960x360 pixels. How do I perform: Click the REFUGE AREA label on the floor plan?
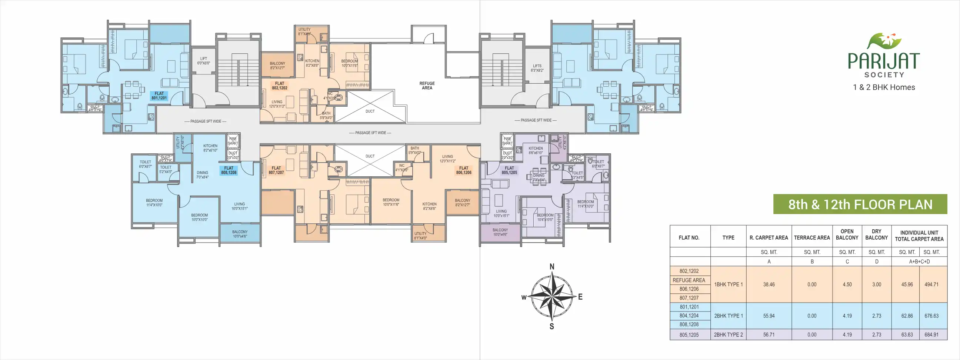click(x=427, y=86)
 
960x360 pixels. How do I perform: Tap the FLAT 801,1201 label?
click(x=159, y=96)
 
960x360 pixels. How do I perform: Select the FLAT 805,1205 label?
click(x=509, y=170)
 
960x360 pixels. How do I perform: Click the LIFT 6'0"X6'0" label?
click(x=203, y=61)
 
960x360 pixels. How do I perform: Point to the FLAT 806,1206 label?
click(x=464, y=170)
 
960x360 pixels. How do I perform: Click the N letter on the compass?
click(x=552, y=266)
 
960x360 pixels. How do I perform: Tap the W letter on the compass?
click(x=524, y=297)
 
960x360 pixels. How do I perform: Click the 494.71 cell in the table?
click(x=931, y=284)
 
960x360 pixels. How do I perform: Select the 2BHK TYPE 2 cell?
click(x=728, y=335)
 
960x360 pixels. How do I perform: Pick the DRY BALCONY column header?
click(x=877, y=234)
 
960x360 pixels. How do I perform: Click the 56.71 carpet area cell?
click(x=769, y=335)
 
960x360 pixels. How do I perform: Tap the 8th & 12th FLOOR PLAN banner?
click(x=860, y=204)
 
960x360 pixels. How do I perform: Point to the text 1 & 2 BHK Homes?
click(x=884, y=87)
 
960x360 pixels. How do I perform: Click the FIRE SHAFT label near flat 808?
click(x=233, y=141)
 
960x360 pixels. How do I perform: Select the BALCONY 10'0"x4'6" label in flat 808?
click(x=240, y=234)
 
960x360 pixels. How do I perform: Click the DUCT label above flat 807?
click(x=370, y=156)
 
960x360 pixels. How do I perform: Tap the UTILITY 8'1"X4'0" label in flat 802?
click(x=304, y=32)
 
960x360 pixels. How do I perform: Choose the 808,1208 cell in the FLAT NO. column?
click(x=689, y=324)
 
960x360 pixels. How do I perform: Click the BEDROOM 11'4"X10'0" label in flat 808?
click(x=154, y=203)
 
